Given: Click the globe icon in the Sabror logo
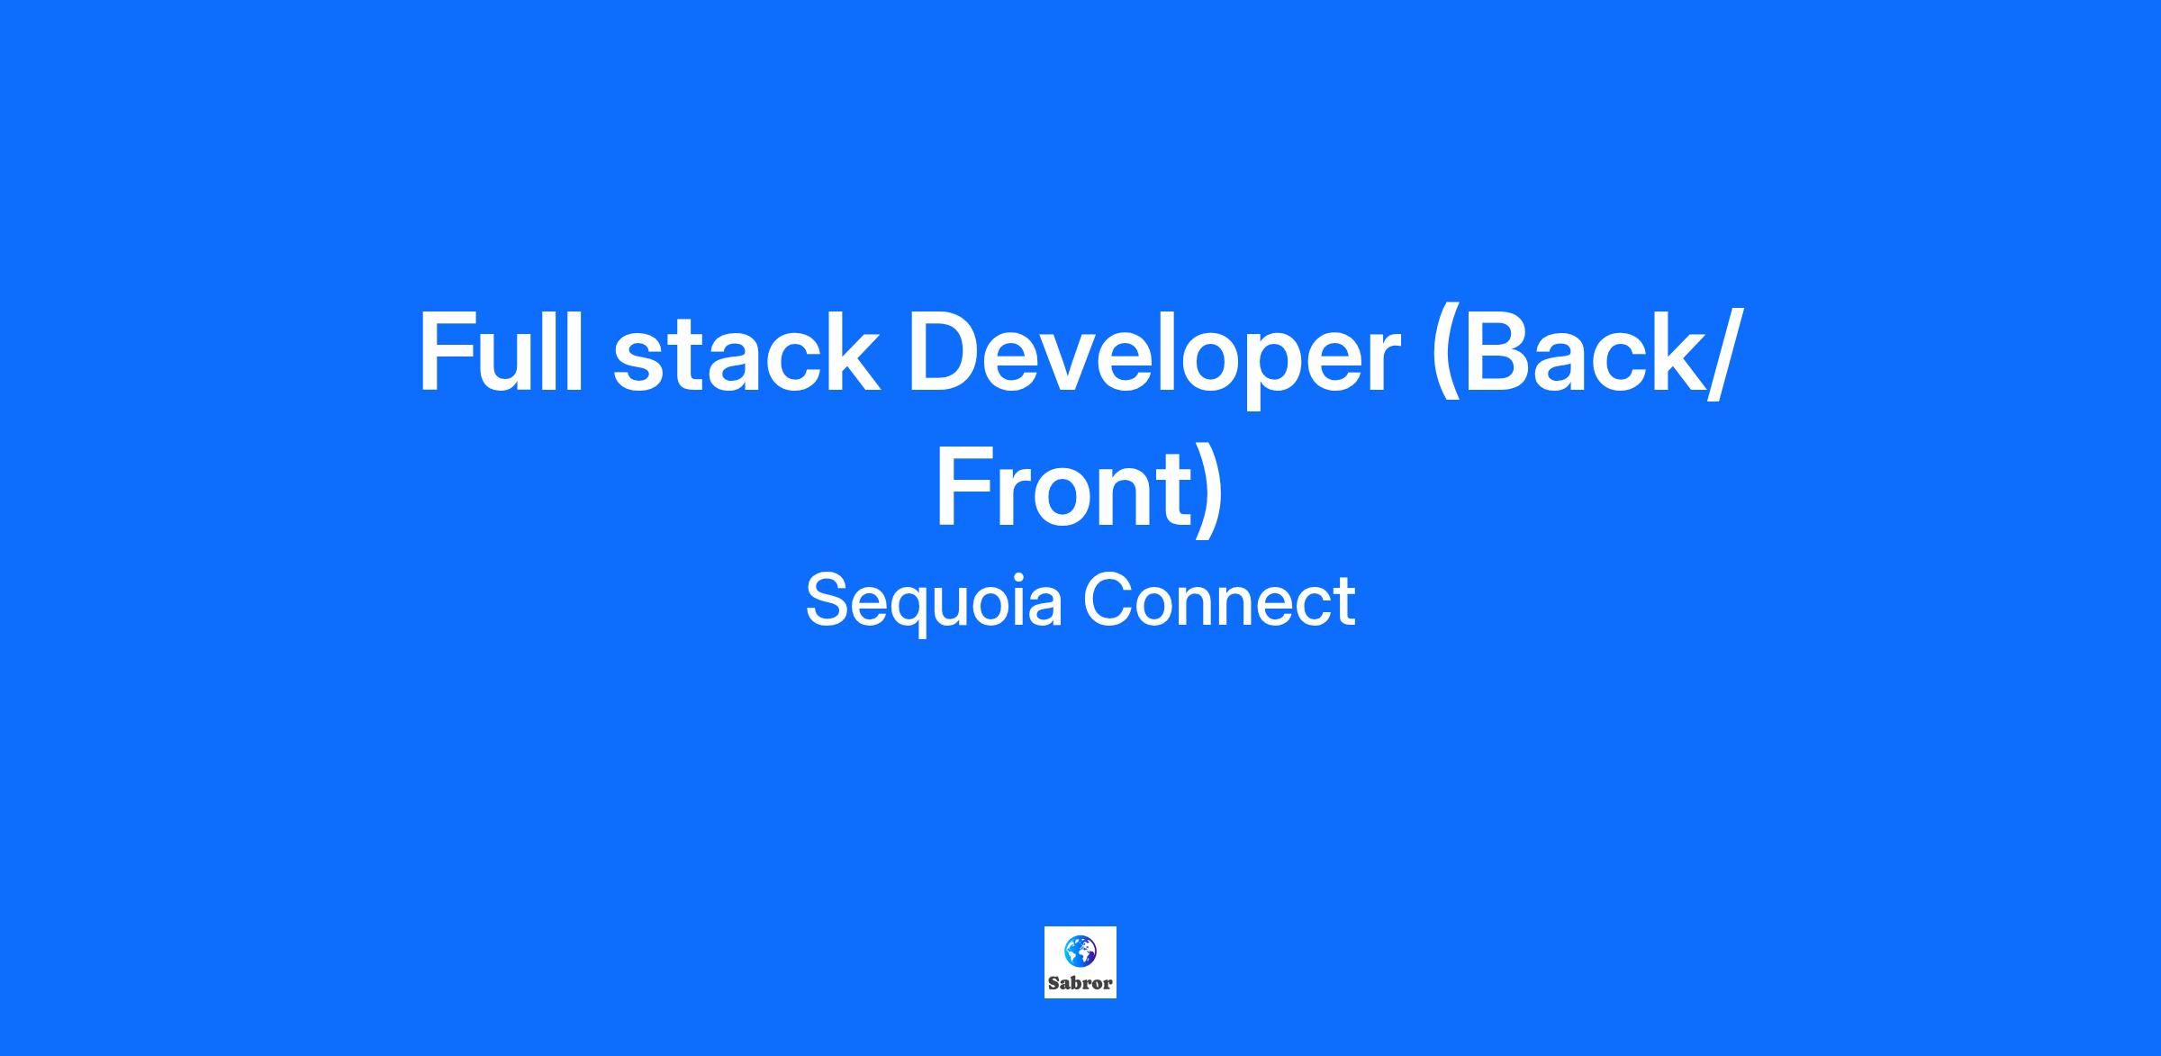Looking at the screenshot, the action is click(1080, 951).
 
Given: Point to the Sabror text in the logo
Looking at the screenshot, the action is click(1080, 982).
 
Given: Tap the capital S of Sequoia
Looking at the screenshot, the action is click(829, 600).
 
